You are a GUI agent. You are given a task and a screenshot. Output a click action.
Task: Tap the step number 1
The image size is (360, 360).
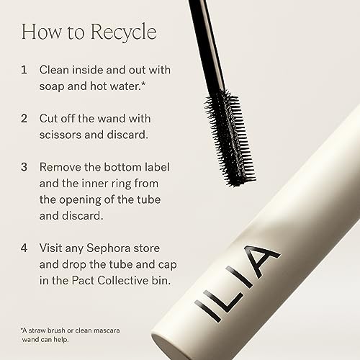click(24, 70)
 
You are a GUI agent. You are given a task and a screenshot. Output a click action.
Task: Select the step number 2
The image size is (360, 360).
click(24, 118)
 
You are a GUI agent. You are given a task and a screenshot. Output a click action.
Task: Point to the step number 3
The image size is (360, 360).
click(24, 166)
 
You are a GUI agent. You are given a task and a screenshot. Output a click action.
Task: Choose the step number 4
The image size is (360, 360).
click(24, 248)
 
